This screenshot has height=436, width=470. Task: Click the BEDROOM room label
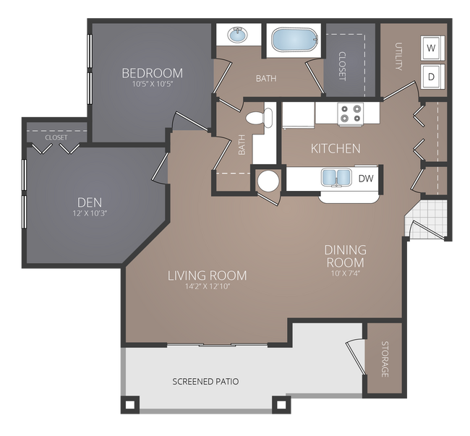[152, 73]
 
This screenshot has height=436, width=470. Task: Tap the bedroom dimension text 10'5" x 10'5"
[152, 85]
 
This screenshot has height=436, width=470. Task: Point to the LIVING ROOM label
[207, 275]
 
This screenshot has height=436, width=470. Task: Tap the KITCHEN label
[335, 148]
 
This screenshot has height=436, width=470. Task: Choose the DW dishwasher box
[365, 178]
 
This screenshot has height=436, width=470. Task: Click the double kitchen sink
[336, 177]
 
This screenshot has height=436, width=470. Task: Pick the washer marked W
[432, 48]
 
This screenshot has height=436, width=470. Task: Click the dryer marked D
[432, 76]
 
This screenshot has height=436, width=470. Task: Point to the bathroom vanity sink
[236, 35]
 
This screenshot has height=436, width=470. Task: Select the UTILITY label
[398, 56]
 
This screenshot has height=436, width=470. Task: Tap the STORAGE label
[385, 359]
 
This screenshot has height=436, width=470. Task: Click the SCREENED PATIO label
[205, 381]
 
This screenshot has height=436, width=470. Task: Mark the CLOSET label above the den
[56, 137]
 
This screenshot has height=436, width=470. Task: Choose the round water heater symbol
[268, 180]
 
